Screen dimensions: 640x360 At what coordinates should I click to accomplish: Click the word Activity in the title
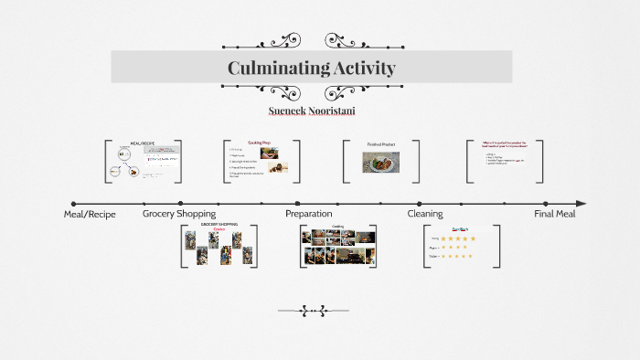tap(365, 68)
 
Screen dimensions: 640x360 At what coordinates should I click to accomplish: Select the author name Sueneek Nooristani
tap(312, 111)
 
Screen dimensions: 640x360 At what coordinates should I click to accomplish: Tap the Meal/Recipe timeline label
tap(90, 214)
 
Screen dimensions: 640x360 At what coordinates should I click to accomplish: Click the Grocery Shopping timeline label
tap(179, 214)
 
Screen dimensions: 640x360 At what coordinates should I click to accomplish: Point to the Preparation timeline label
tap(308, 214)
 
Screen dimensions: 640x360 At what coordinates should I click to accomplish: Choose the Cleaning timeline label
tap(425, 214)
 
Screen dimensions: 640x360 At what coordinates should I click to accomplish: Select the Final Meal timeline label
tap(555, 214)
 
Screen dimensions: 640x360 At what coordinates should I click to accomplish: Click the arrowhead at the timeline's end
tap(581, 204)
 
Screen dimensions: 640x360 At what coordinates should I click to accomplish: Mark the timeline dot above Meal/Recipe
tap(74, 204)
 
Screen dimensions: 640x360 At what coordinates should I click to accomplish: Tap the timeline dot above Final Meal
tap(545, 204)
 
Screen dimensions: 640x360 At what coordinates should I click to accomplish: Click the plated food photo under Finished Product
tap(380, 163)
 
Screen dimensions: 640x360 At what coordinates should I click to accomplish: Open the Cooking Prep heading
tap(260, 143)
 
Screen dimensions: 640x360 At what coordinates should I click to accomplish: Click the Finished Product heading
tap(380, 144)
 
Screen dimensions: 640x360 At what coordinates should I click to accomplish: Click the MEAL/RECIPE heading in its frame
tap(143, 143)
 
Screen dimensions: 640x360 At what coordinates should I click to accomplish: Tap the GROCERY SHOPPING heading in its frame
tap(219, 224)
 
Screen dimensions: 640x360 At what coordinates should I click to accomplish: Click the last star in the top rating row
tap(473, 238)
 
